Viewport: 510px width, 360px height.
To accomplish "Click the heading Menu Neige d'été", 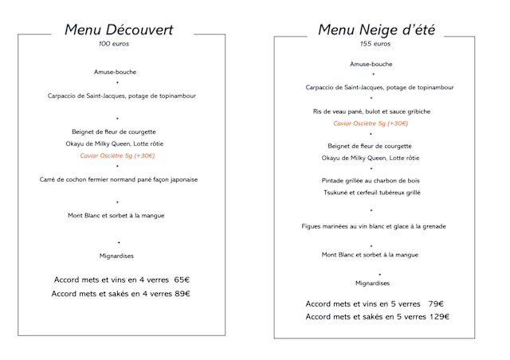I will pos(371,30).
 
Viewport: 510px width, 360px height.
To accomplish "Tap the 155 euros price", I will pos(370,44).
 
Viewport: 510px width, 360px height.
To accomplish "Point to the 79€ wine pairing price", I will pos(435,303).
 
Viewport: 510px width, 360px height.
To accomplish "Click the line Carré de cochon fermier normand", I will pos(119,179).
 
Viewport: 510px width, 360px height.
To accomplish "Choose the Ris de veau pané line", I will pos(371,112).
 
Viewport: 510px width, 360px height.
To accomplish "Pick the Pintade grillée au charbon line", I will pos(371,181).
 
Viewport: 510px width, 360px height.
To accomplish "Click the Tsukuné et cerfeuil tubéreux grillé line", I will pos(371,193).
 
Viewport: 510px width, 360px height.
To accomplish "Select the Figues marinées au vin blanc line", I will pos(373,226).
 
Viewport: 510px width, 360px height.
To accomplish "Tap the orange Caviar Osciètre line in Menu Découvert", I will pos(118,155).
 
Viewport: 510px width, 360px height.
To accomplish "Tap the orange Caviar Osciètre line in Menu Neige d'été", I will pos(371,123).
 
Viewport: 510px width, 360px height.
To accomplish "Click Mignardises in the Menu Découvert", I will pos(118,256).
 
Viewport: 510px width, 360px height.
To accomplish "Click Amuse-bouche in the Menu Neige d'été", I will pos(371,64).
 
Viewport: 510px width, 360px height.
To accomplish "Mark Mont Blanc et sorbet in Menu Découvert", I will pos(118,215).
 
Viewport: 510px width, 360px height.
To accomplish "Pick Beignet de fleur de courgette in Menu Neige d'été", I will pos(371,147).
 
